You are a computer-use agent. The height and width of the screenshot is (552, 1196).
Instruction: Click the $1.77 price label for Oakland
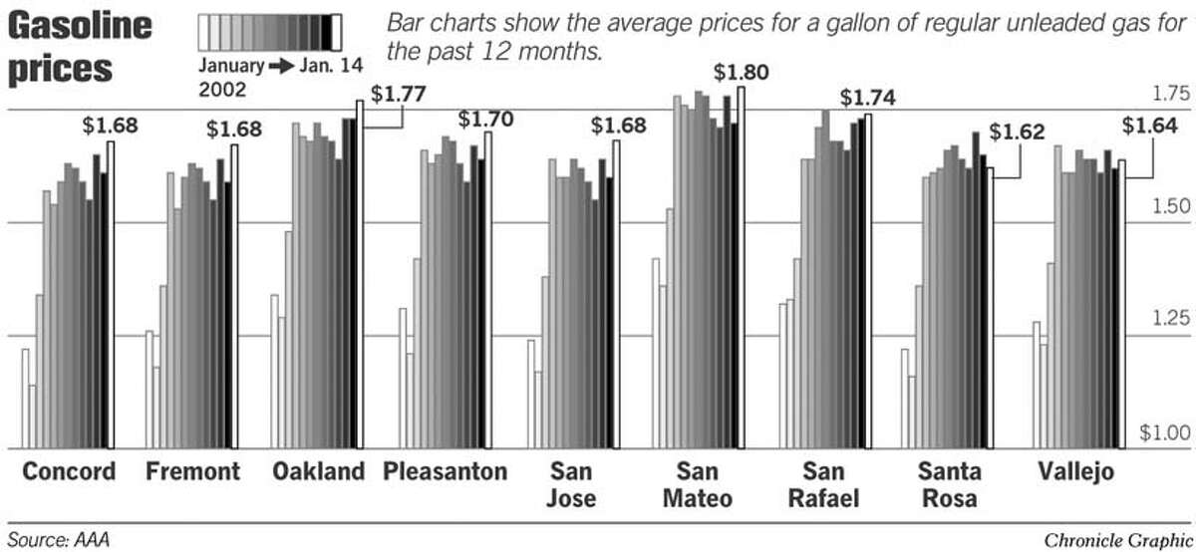click(398, 96)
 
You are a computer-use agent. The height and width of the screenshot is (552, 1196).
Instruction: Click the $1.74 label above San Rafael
click(867, 98)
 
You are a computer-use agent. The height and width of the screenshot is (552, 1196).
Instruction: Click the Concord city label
click(68, 471)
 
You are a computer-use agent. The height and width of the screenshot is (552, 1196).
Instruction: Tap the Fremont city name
click(192, 471)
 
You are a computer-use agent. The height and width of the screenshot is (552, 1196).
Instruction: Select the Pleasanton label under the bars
click(445, 471)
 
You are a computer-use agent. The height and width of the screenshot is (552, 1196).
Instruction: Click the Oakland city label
click(319, 471)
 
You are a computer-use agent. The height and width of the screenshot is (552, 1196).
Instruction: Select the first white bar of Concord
click(25, 399)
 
